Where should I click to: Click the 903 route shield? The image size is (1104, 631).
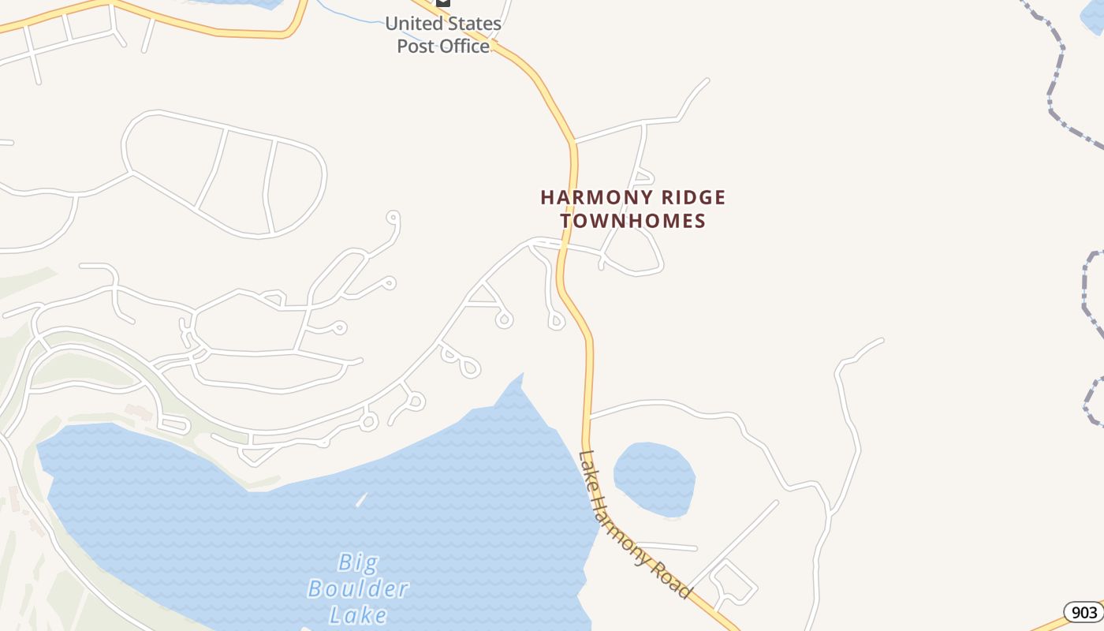coord(1084,612)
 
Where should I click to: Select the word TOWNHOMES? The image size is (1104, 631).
coord(633,221)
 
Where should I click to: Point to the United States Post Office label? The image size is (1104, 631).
coord(443,35)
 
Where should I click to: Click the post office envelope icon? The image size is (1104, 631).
coord(443,2)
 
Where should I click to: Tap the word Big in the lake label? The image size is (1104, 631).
coord(358,562)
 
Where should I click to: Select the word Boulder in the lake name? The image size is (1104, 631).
coord(358,588)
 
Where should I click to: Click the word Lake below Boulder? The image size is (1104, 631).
coord(358,614)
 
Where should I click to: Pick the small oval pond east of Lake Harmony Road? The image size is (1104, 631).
coord(654,478)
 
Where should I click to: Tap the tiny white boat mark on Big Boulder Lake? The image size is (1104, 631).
coord(361,499)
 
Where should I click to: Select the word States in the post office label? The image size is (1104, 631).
coord(471,24)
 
